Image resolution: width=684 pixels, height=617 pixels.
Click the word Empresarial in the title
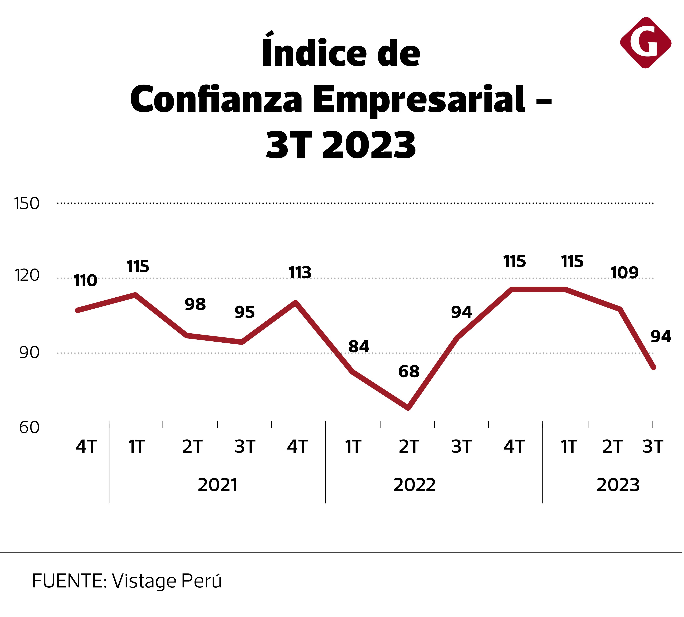coord(419,99)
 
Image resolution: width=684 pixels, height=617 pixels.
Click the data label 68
coord(409,371)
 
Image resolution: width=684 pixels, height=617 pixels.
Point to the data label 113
coord(300,273)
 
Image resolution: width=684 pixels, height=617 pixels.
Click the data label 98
coord(195,304)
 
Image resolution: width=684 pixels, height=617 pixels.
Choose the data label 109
coord(624,273)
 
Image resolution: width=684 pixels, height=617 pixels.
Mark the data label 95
coord(245,312)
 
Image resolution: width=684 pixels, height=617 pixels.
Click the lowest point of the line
coord(408,408)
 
